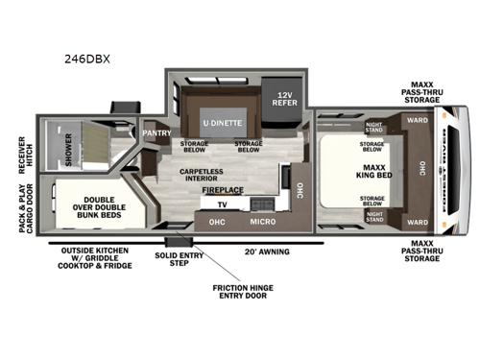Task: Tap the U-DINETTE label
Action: pyautogui.click(x=222, y=123)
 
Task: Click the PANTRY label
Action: pyautogui.click(x=156, y=133)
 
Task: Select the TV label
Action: pyautogui.click(x=222, y=204)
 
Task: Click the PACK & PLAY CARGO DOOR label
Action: pyautogui.click(x=23, y=204)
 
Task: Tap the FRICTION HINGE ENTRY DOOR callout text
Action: pyautogui.click(x=229, y=291)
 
